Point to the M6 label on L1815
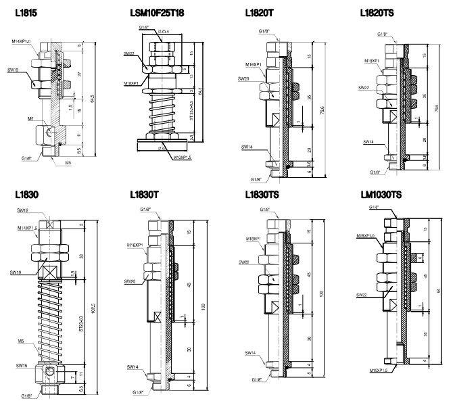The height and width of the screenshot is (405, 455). [x=32, y=117]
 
